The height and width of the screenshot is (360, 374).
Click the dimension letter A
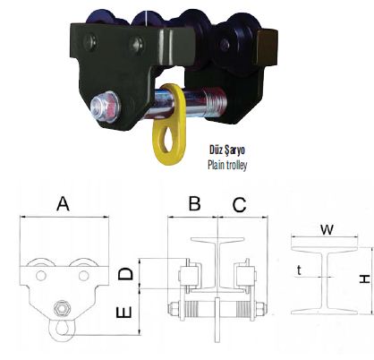click(x=63, y=203)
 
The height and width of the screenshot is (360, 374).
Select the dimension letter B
click(x=194, y=203)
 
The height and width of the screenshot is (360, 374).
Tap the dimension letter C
click(x=239, y=205)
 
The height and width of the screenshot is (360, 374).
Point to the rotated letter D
click(x=125, y=274)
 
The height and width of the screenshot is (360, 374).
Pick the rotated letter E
click(x=123, y=313)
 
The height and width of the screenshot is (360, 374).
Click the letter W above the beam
click(x=327, y=229)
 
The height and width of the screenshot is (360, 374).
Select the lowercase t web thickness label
click(x=299, y=270)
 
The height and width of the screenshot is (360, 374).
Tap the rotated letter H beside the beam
click(x=365, y=279)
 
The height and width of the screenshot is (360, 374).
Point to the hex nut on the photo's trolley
click(x=106, y=107)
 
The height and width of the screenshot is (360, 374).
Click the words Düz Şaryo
click(x=227, y=150)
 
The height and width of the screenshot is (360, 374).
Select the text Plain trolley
click(x=227, y=165)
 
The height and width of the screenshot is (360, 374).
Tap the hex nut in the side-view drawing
click(x=63, y=308)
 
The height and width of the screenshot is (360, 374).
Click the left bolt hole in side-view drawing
click(x=41, y=275)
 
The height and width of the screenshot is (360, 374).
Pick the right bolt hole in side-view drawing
click(x=83, y=275)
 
